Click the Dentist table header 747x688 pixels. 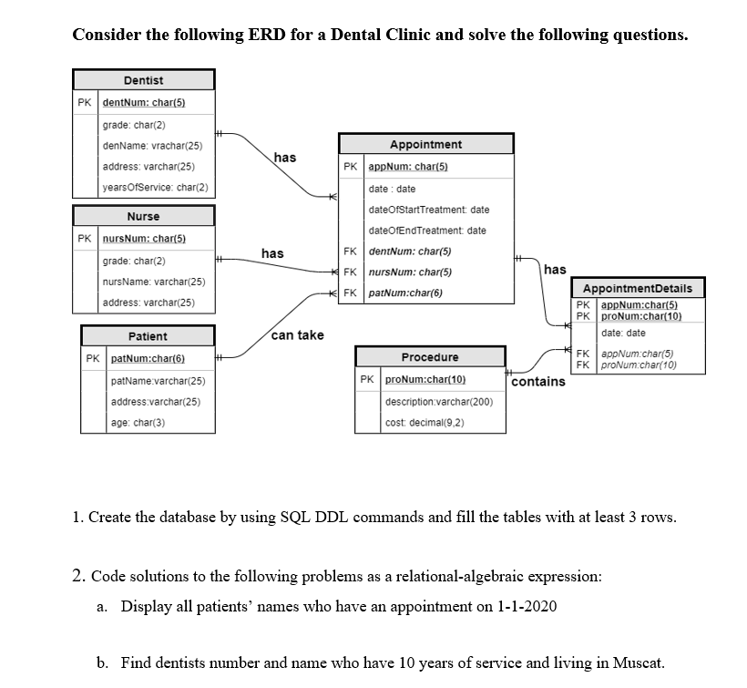click(143, 80)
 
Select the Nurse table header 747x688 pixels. click(143, 216)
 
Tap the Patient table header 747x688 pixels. click(147, 336)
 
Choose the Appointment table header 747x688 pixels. click(425, 145)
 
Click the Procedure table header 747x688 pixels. click(430, 357)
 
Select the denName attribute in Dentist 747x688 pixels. click(152, 146)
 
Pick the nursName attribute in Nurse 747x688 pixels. click(153, 282)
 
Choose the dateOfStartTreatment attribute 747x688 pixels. click(428, 210)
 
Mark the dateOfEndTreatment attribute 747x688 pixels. click(427, 231)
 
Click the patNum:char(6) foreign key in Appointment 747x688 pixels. click(405, 293)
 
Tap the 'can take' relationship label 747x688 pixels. click(297, 335)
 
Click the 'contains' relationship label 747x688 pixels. click(537, 382)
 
